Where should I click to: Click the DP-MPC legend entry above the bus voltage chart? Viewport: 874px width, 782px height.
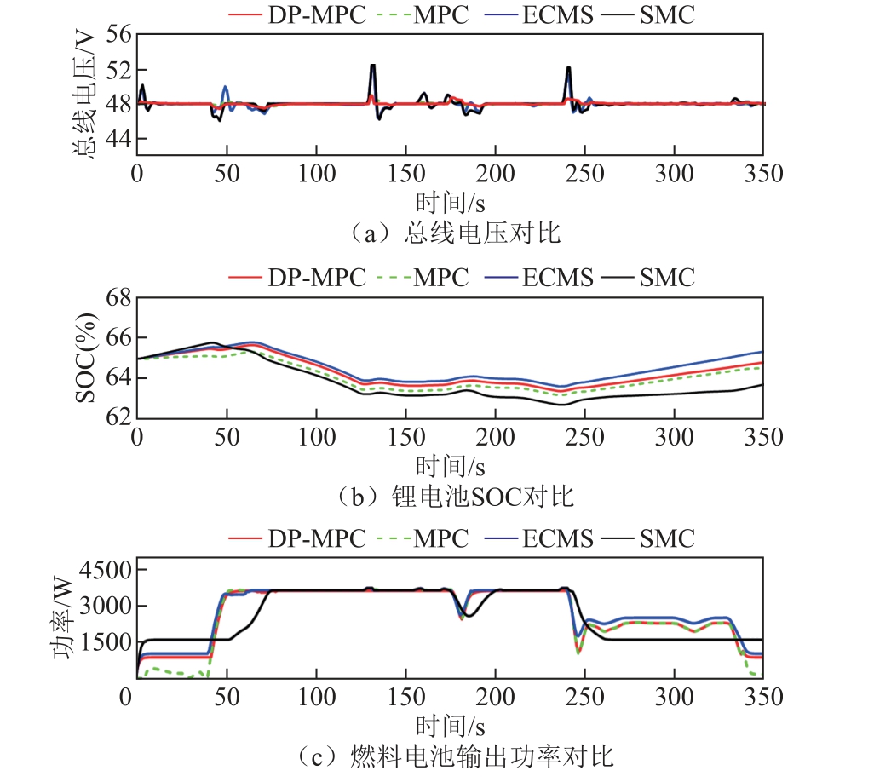pyautogui.click(x=297, y=14)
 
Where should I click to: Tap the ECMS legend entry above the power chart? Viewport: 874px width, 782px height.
pyautogui.click(x=539, y=538)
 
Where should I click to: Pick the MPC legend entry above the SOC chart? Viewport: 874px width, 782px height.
pyautogui.click(x=423, y=277)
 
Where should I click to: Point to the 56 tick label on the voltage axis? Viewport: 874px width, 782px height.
pyautogui.click(x=118, y=34)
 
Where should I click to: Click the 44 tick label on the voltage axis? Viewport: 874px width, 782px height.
pyautogui.click(x=118, y=138)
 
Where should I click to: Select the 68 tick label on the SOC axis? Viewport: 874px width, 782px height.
pyautogui.click(x=118, y=297)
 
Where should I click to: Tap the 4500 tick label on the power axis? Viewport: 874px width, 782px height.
pyautogui.click(x=106, y=570)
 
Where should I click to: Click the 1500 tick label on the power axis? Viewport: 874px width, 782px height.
pyautogui.click(x=106, y=642)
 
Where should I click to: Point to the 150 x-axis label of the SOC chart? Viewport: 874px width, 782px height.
pyautogui.click(x=406, y=437)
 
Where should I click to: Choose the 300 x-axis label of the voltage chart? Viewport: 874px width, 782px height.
pyautogui.click(x=674, y=173)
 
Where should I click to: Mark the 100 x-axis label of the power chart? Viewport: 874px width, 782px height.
pyautogui.click(x=317, y=697)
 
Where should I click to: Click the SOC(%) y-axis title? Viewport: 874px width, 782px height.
pyautogui.click(x=86, y=358)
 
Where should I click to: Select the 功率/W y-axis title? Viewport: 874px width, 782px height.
pyautogui.click(x=63, y=618)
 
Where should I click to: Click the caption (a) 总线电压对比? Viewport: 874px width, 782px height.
pyautogui.click(x=454, y=233)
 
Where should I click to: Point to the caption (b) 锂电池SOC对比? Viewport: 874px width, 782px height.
pyautogui.click(x=454, y=496)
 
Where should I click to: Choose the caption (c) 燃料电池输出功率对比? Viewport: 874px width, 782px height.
pyautogui.click(x=454, y=756)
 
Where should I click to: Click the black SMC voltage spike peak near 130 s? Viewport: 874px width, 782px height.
pyautogui.click(x=372, y=66)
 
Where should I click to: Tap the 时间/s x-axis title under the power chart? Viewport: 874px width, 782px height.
pyautogui.click(x=450, y=727)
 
